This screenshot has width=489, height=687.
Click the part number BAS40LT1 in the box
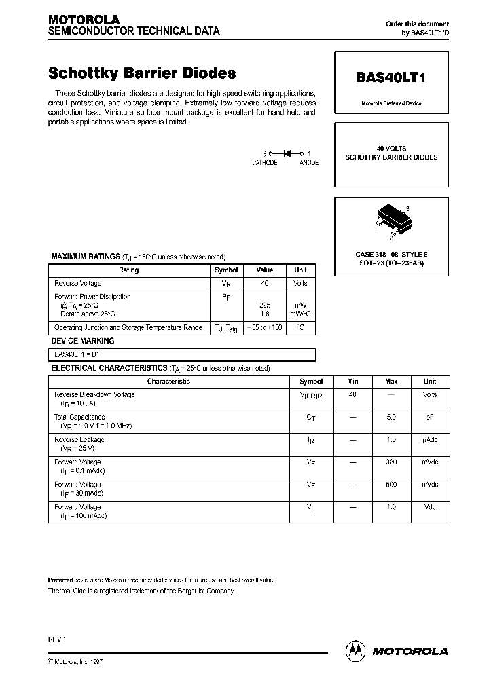point(391,77)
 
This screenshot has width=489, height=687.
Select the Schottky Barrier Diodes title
point(142,73)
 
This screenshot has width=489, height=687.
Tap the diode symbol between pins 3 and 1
point(286,154)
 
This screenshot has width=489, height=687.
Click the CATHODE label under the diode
point(264,164)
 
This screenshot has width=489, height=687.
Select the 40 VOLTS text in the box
point(391,149)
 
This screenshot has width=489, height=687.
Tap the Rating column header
point(129,270)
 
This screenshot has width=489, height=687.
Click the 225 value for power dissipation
point(264,305)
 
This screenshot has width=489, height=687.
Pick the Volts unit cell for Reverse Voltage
point(300,283)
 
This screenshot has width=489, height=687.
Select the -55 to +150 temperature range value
point(264,327)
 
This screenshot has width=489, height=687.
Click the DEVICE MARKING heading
point(83,341)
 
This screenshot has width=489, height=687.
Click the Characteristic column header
point(168,382)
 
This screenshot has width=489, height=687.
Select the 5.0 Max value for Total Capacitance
point(391,417)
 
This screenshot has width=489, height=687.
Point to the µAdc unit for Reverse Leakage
point(430,440)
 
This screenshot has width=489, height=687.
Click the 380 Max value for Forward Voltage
point(391,462)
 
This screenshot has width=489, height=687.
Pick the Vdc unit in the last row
point(430,507)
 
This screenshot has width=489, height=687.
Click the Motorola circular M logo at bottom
point(356,650)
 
